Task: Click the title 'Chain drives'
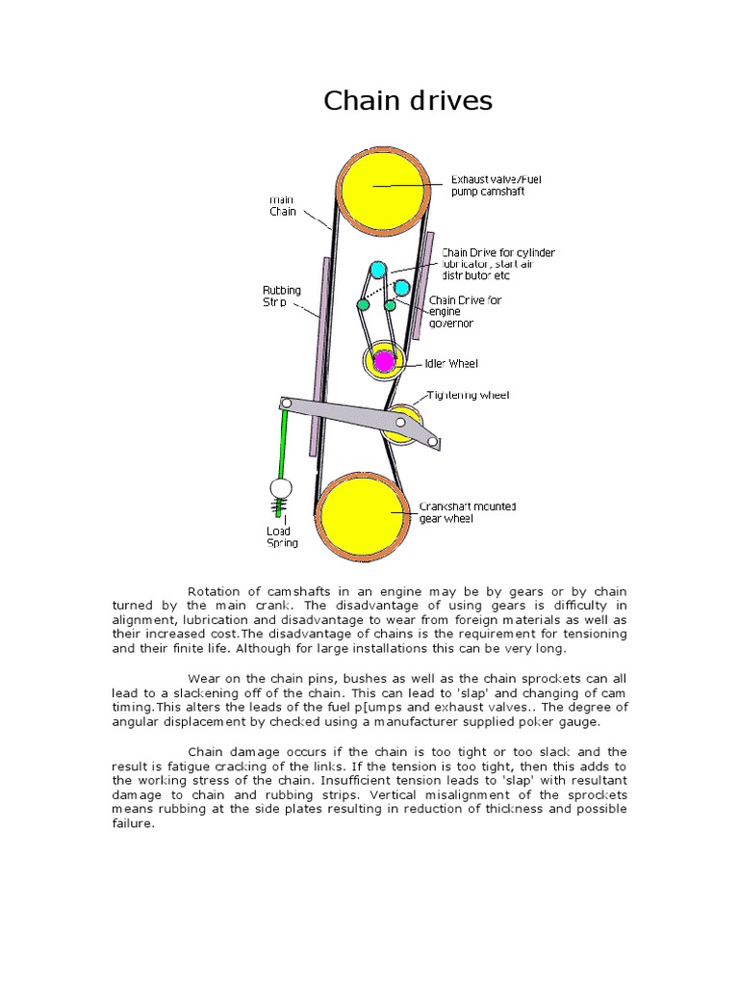click(x=407, y=100)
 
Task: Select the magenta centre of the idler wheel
click(x=383, y=361)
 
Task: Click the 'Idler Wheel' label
click(x=451, y=364)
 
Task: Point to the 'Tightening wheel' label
click(x=468, y=395)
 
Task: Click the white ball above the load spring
click(x=280, y=489)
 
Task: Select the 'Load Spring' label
click(x=282, y=536)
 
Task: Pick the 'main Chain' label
click(x=282, y=206)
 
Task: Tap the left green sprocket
click(x=363, y=304)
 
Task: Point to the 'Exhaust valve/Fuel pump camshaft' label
click(x=489, y=185)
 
